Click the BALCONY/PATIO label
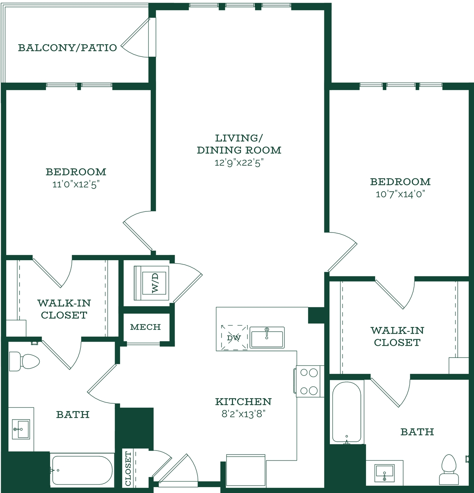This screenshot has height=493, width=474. coord(67,48)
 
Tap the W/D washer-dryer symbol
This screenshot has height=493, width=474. coord(151,283)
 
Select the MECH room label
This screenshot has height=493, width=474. coord(146,327)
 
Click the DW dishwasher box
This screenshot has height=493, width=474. coord(234,337)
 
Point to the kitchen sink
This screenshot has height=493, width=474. coord(267,337)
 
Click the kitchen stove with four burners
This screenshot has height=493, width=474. coord(309,381)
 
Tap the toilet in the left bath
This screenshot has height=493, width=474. coord(24,361)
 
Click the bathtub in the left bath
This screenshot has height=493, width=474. coord(82,470)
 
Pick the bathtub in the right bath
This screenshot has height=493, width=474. coord(347,412)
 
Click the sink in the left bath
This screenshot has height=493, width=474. coord(21,429)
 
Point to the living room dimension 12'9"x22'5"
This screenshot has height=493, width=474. coord(239,162)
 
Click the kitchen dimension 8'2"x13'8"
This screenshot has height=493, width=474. coord(243,414)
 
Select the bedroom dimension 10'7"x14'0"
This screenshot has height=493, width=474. coord(400,194)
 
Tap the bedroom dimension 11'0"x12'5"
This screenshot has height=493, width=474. coord(76,184)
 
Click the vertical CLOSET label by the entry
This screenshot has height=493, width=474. coord(128,468)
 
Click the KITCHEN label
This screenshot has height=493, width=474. coord(243,401)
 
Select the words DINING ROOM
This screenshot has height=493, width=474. coord(239,150)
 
